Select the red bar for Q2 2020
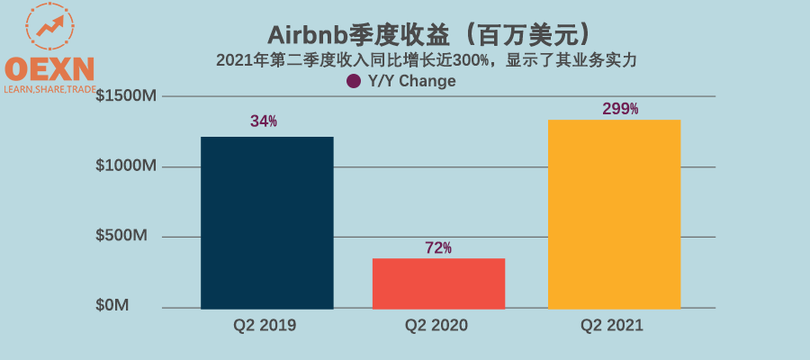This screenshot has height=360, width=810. point(438,283)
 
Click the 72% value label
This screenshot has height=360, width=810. point(438,247)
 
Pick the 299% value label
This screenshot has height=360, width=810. point(620,108)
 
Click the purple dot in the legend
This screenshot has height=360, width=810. point(354,81)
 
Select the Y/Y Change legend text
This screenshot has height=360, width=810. point(412,81)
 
